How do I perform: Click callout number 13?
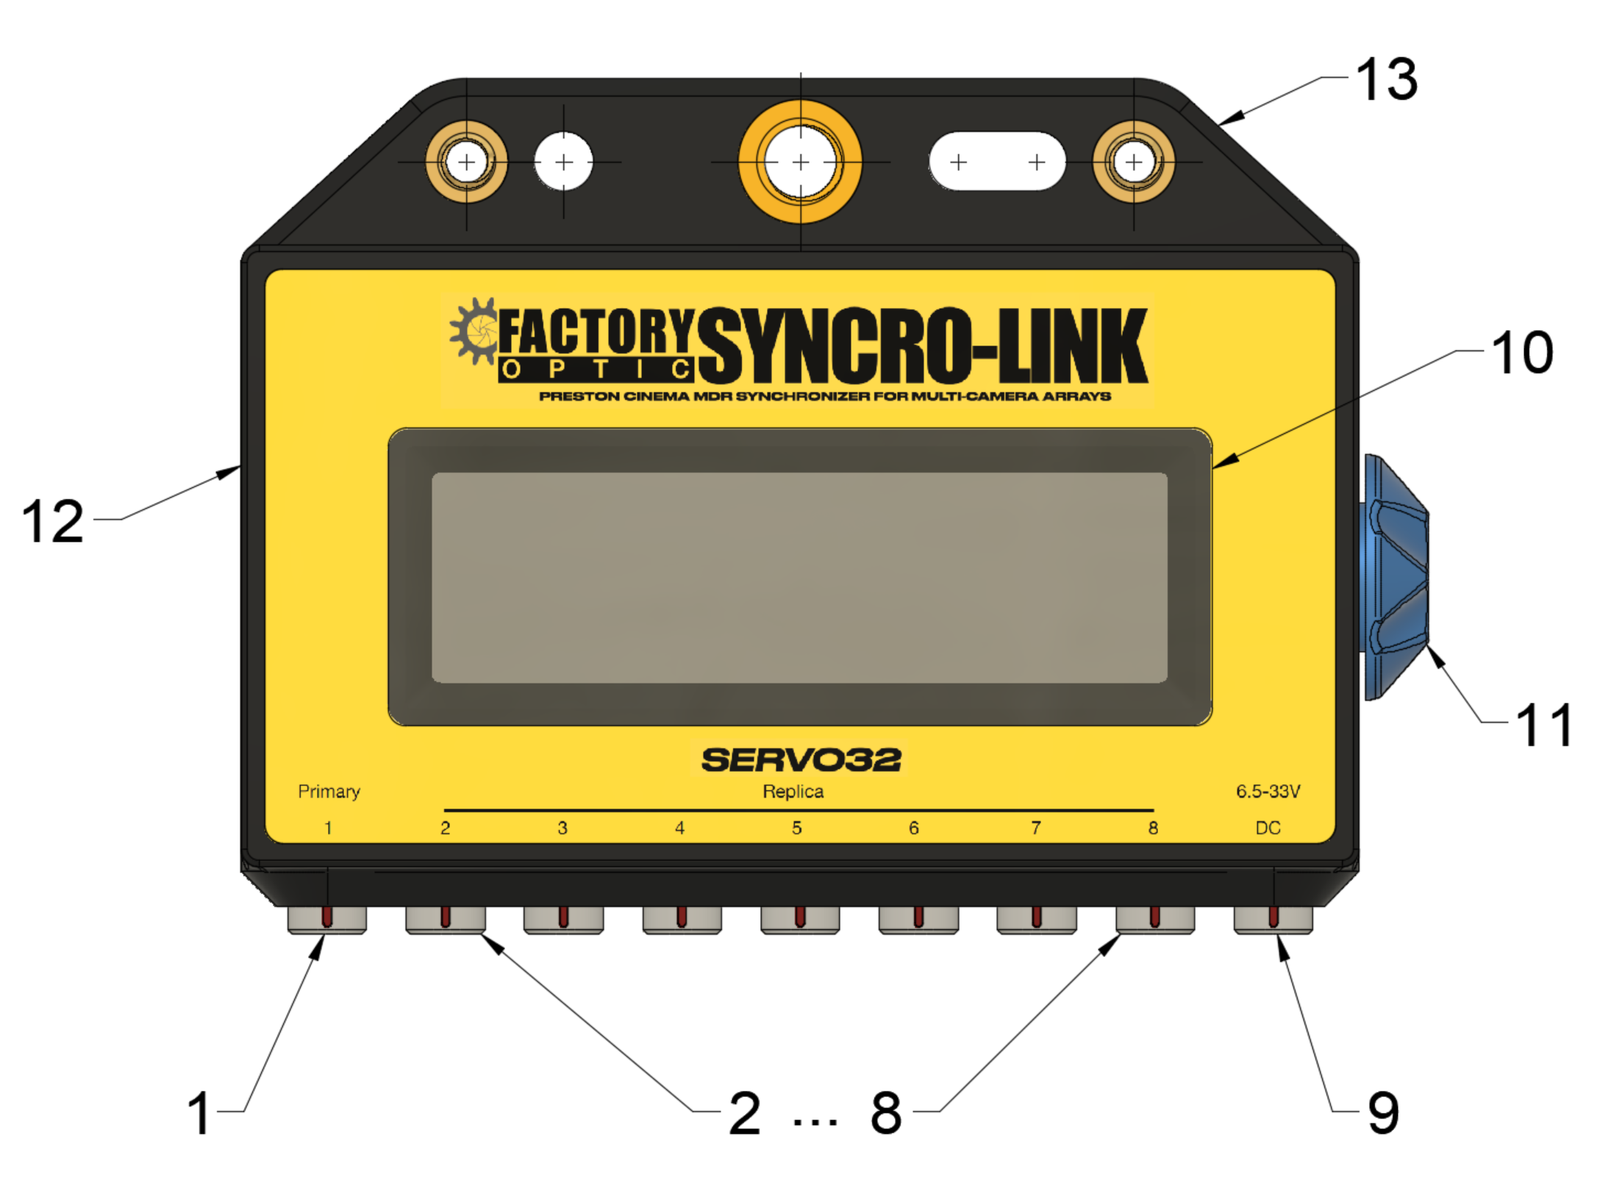1386,79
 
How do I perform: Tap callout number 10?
1521,354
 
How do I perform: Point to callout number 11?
1543,725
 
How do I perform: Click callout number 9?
1382,1112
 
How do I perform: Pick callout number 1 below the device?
199,1113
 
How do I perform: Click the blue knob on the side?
1394,577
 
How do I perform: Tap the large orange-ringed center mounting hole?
800,162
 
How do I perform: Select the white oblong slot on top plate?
996,162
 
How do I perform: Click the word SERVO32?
801,760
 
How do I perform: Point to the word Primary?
329,792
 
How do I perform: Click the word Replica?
793,792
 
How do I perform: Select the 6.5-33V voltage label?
1268,792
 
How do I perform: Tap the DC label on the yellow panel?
1268,828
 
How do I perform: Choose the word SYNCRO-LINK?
922,345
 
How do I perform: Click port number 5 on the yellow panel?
796,828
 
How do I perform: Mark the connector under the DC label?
1273,920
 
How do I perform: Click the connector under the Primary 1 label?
326,920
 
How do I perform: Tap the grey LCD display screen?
799,578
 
